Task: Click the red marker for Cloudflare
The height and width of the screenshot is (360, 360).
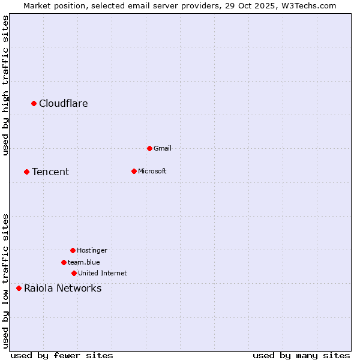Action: coord(34,104)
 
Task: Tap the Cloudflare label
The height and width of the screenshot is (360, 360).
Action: coord(64,104)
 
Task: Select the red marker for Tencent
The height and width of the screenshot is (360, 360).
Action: coord(27,172)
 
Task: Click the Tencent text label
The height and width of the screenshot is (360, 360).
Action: coord(50,172)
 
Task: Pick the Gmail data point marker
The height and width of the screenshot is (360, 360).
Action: coord(149,148)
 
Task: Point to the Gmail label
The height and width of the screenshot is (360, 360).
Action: coord(163,148)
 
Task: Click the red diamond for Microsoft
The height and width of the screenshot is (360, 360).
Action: coord(134,171)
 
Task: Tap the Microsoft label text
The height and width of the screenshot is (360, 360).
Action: coord(152,171)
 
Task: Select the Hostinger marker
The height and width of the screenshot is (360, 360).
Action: coord(73,250)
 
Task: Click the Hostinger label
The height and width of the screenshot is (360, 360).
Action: coord(92,250)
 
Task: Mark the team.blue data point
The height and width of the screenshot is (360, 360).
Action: coord(64,262)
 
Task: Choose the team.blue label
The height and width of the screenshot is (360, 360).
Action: coord(84,262)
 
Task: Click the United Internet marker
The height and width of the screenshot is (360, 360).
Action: coord(74,273)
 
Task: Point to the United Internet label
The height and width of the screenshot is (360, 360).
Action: coord(103,273)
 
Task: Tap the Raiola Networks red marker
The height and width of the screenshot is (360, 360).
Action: coord(19,289)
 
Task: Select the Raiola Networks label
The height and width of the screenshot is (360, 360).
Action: coord(63,289)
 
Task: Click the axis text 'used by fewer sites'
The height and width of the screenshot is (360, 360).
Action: coord(62,355)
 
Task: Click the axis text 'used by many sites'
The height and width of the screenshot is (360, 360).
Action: coord(301,355)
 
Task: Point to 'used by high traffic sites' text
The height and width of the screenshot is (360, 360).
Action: coord(5,85)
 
